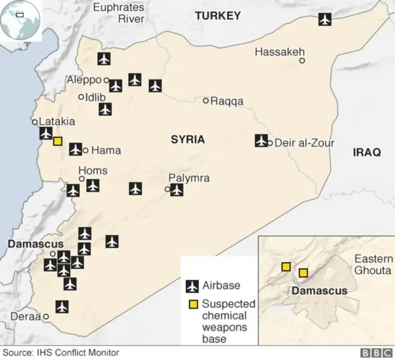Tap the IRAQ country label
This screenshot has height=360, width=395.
pyautogui.click(x=367, y=152)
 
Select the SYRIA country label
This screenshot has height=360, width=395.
pyautogui.click(x=188, y=140)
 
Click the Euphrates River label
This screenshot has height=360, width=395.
pyautogui.click(x=118, y=13)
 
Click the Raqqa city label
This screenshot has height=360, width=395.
pyautogui.click(x=227, y=101)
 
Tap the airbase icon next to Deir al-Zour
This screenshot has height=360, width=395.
pyautogui.click(x=262, y=141)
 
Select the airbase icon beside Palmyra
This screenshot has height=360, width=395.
pyautogui.click(x=177, y=190)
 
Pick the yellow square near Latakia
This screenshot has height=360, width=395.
pyautogui.click(x=57, y=141)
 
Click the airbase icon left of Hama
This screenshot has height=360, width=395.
pyautogui.click(x=75, y=149)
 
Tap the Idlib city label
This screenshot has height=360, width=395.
pyautogui.click(x=96, y=97)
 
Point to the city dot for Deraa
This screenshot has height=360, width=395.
pyautogui.click(x=46, y=317)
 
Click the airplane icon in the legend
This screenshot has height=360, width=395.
pyautogui.click(x=193, y=286)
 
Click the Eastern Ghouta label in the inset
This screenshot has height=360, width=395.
pyautogui.click(x=372, y=265)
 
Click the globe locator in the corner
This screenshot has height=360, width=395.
pyautogui.click(x=20, y=20)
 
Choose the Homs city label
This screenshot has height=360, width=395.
pyautogui.click(x=93, y=171)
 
